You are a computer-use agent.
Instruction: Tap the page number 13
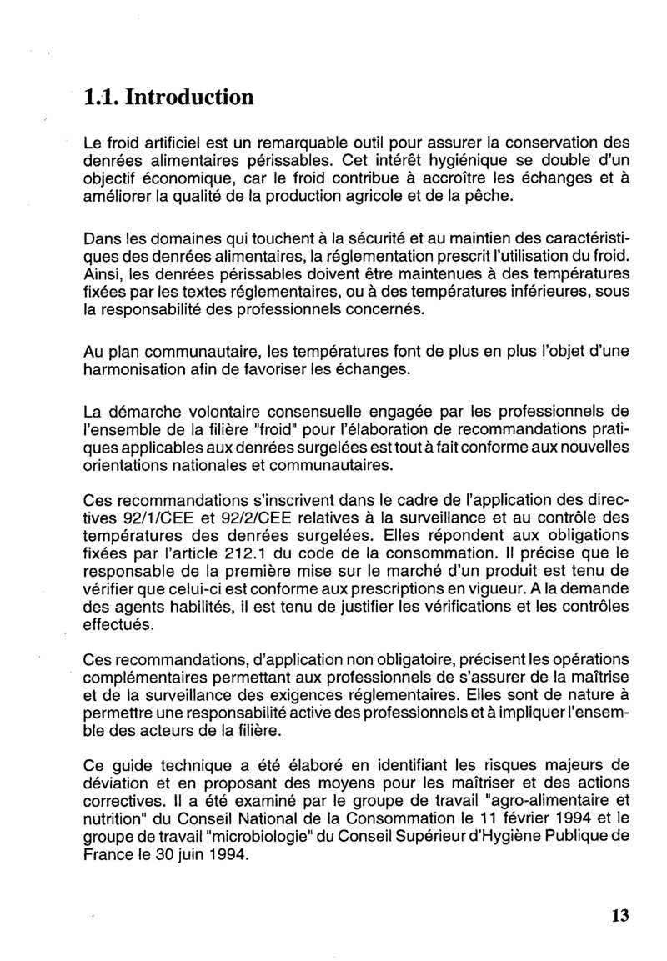[x=619, y=916]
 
